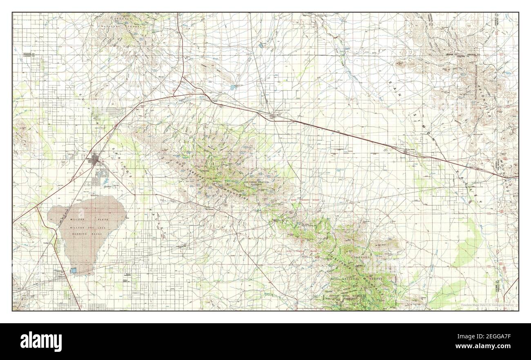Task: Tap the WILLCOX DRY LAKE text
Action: click(x=81, y=227)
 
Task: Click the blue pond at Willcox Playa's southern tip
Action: click(x=74, y=270)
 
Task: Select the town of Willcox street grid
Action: click(x=96, y=161)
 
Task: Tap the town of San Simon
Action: click(x=405, y=152)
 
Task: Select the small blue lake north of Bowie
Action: click(x=232, y=87)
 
